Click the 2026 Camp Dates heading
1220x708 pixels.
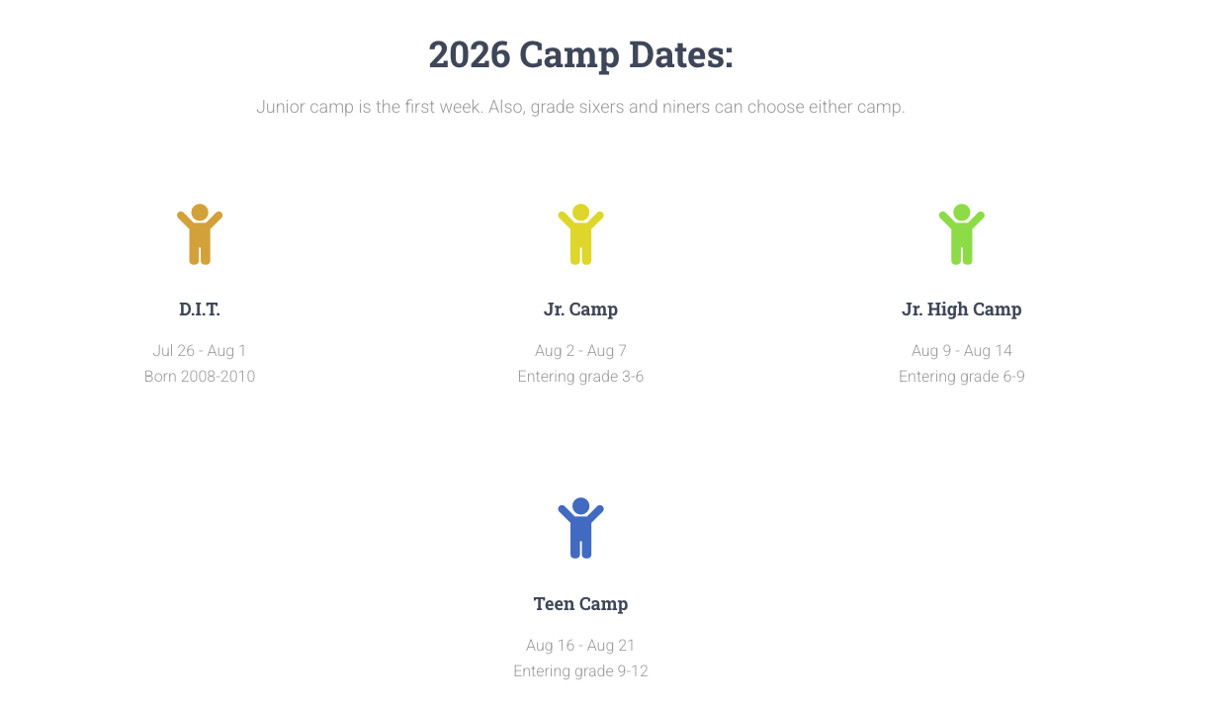coord(580,55)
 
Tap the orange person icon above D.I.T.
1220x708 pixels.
coord(200,234)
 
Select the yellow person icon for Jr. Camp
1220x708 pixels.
coord(580,234)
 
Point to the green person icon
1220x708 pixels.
coord(961,234)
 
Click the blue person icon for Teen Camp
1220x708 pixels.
coord(580,528)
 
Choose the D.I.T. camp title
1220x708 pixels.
coord(200,310)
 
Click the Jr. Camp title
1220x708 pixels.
coord(580,310)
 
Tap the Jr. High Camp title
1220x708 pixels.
coord(961,310)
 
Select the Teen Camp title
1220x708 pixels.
coord(580,604)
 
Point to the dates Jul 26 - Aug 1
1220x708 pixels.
coord(200,351)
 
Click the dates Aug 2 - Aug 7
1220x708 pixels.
coord(580,351)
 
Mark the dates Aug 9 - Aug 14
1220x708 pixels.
coord(961,351)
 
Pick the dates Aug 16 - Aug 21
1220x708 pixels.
coord(580,646)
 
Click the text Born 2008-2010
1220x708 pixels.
coord(200,377)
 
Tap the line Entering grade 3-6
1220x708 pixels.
coord(580,377)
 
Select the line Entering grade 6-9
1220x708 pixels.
coord(961,377)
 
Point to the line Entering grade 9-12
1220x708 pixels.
coord(580,671)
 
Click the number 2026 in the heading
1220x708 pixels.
coord(469,55)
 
